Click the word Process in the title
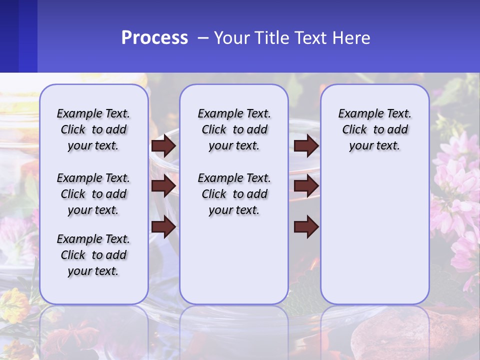pos(154,38)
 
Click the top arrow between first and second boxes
pos(163,145)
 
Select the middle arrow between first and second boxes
pos(163,186)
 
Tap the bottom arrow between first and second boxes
pos(163,227)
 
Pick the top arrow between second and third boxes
pos(306,145)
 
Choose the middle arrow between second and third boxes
pos(306,186)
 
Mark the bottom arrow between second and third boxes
pos(306,227)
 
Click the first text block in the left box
pos(93,129)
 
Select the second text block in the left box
pos(93,194)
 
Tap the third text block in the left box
pos(93,255)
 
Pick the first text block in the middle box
pos(234,129)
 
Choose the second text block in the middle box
pos(234,194)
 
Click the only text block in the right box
pos(374,129)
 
